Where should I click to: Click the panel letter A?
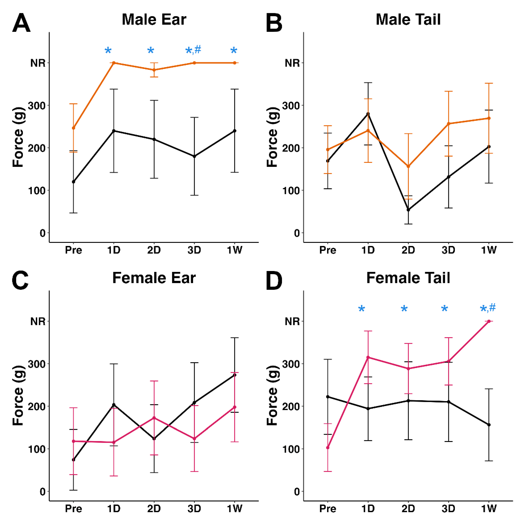coord(21,23)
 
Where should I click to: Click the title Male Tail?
coord(408,19)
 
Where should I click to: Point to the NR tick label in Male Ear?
coord(38,63)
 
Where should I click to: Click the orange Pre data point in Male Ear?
coord(73,128)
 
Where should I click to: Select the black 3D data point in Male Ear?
coord(194,156)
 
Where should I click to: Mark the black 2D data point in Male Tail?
coord(408,210)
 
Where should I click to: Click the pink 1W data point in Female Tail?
coord(489,321)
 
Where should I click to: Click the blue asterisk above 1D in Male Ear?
coord(108,51)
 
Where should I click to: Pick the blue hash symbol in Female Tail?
coord(492,308)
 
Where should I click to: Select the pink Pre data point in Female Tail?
coord(328,448)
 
